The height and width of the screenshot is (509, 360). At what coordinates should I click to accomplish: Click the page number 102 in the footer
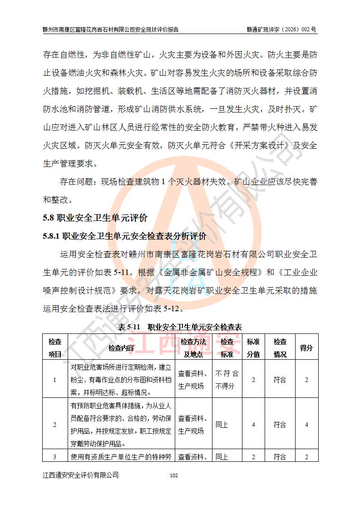(x=173, y=475)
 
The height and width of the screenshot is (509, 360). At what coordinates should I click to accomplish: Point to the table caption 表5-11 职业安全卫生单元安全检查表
(x=180, y=327)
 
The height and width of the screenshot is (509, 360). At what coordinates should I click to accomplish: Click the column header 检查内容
(x=121, y=347)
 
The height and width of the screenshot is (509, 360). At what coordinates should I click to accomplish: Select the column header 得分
(x=306, y=347)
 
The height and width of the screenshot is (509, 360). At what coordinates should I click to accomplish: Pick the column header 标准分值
(x=253, y=347)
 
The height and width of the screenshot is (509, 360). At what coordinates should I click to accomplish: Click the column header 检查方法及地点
(x=193, y=347)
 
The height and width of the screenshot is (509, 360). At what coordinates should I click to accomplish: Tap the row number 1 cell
(x=55, y=380)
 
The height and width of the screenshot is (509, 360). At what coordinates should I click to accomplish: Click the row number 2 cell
(x=55, y=425)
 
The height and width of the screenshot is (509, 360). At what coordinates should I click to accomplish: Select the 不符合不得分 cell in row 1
(x=227, y=380)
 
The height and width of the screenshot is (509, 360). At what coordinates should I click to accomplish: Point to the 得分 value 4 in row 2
(x=306, y=425)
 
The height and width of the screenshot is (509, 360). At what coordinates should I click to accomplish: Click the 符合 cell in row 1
(x=280, y=380)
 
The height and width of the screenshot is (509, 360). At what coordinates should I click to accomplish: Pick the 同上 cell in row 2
(x=222, y=425)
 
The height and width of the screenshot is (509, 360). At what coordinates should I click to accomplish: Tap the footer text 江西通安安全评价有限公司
(x=81, y=475)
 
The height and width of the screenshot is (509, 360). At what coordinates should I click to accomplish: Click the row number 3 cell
(x=55, y=456)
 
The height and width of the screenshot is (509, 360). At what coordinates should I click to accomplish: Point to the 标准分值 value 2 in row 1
(x=253, y=380)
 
